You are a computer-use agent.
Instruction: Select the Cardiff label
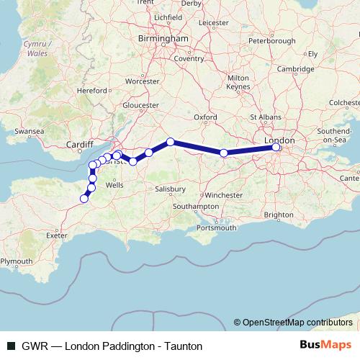tap(80, 144)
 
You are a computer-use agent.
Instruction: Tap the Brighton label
tap(279, 215)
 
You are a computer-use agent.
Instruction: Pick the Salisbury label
tap(170, 189)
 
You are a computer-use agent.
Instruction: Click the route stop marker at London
tap(276, 148)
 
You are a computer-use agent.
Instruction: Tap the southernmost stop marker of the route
tap(84, 199)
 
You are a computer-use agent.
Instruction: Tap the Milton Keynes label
tap(238, 82)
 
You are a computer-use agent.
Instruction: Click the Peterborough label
tap(271, 41)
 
